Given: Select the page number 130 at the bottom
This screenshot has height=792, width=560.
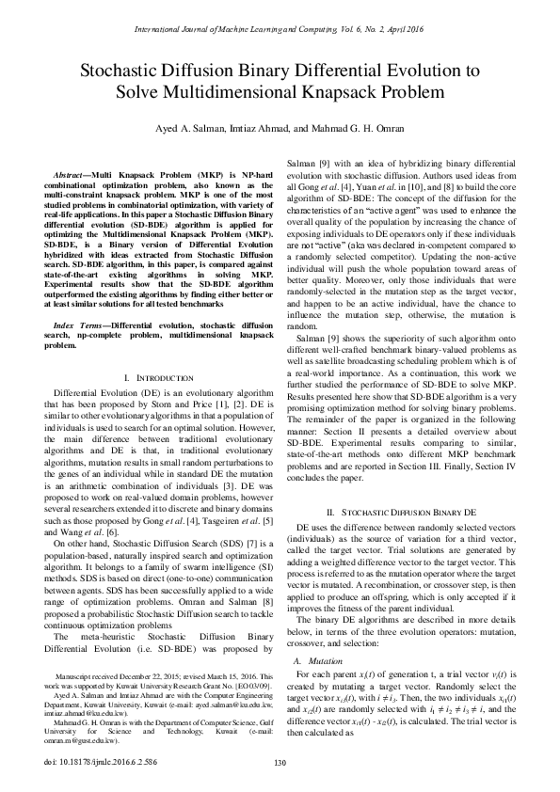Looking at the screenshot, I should (x=280, y=763).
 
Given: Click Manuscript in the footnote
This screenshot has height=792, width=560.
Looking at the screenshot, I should (x=76, y=676).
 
